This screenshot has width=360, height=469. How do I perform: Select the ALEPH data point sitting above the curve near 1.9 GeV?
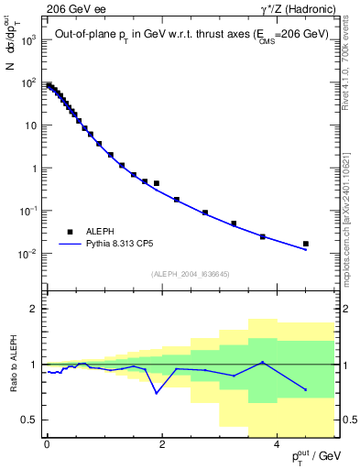157,183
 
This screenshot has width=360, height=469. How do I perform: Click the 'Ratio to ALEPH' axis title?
12,364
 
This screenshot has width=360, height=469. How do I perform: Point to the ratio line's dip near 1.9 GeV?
157,393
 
